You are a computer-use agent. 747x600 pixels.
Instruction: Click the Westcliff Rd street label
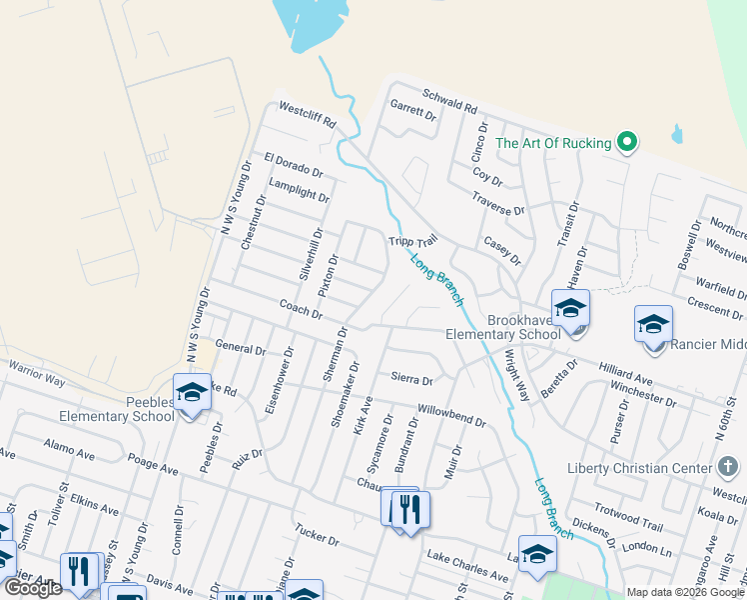point(308,115)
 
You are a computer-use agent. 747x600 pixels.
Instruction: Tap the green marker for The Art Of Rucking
point(627,143)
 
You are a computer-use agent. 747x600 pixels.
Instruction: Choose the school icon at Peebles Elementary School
point(192,391)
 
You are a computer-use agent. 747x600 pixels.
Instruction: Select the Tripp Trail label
point(413,242)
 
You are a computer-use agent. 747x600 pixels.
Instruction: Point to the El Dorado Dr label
point(294,166)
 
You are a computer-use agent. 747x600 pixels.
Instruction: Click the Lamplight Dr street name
point(299,190)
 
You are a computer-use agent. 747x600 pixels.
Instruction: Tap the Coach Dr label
point(301,309)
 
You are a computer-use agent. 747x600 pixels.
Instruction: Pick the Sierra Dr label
point(411,380)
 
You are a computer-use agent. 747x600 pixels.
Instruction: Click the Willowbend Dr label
point(451,416)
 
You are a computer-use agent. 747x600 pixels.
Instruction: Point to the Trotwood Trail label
point(629,516)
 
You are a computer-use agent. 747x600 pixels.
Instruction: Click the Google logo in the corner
point(32,589)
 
